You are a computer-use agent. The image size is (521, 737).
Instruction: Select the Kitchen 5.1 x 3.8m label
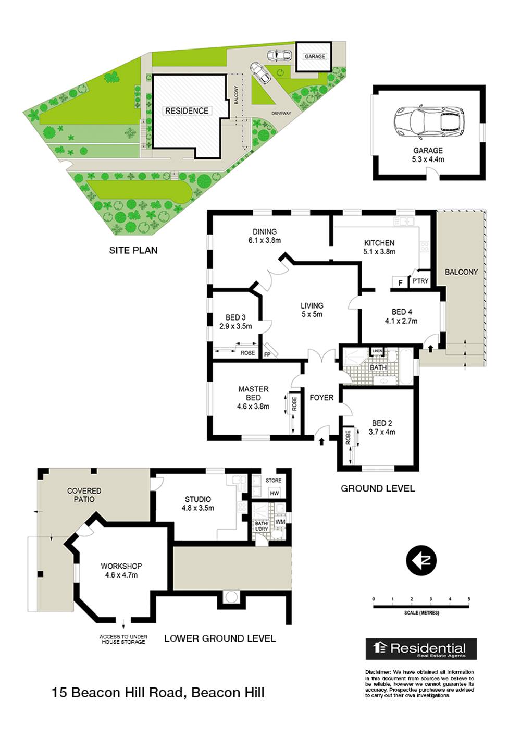379,247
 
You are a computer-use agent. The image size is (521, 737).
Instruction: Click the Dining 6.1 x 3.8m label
265,236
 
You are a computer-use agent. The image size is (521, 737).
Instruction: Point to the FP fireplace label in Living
267,354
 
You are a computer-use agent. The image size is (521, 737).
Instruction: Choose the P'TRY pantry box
420,280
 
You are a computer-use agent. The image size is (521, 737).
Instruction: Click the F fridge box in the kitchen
400,283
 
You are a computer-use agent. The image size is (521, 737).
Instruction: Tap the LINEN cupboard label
377,351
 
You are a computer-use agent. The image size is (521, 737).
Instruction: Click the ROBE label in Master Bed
294,403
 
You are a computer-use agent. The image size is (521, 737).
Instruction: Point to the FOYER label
321,398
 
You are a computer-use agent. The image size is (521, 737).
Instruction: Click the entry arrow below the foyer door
321,441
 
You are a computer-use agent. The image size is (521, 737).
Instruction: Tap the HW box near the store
274,493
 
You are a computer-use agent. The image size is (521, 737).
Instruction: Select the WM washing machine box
280,521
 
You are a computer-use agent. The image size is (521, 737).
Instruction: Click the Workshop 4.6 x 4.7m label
121,570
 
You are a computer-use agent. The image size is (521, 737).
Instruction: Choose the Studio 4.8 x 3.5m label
197,503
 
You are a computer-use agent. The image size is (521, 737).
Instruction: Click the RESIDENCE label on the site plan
187,110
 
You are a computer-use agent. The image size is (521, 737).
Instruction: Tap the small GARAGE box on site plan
315,56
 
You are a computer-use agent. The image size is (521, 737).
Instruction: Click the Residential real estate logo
421,649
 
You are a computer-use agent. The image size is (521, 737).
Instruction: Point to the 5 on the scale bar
469,599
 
